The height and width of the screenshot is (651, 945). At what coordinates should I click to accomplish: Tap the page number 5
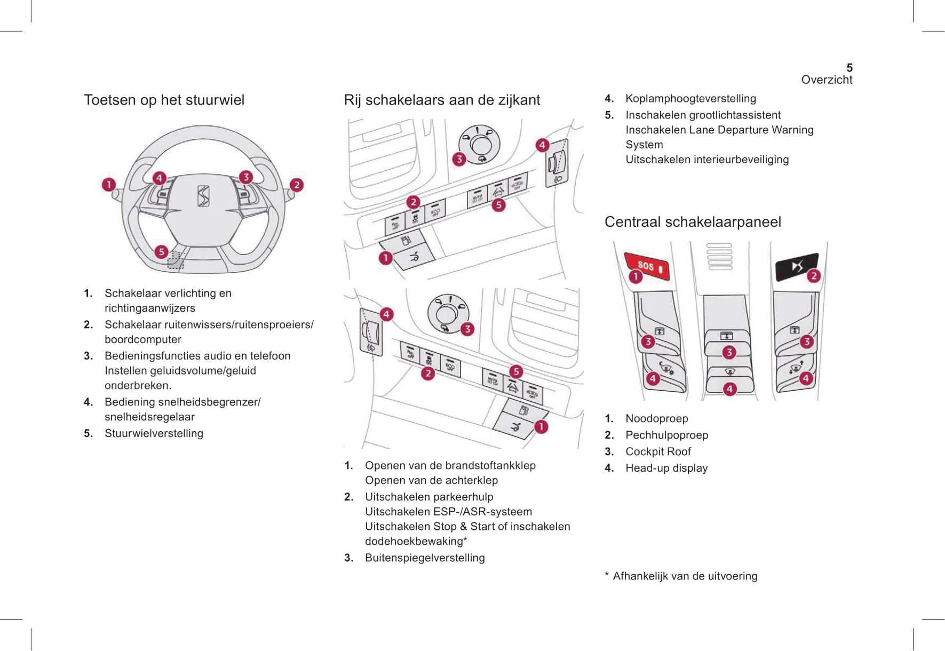[849, 68]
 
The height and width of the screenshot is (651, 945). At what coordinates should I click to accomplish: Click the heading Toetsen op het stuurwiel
[164, 100]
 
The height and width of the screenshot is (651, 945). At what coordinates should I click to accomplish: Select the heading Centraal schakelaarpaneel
[693, 222]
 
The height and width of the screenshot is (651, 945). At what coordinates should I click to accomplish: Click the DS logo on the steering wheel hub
[203, 196]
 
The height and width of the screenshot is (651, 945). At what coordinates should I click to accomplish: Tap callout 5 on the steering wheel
[161, 252]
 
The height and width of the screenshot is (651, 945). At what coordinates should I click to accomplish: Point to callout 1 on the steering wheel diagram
[109, 185]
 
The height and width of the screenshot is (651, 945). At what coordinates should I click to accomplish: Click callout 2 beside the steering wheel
[297, 185]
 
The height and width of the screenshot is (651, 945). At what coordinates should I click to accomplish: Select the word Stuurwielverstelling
[154, 433]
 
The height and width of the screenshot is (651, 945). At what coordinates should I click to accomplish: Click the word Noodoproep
[656, 418]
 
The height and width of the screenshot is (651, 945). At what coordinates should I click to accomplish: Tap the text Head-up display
[666, 468]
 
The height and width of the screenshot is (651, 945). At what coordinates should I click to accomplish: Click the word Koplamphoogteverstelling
[690, 98]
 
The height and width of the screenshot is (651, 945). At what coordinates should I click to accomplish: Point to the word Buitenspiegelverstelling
[425, 558]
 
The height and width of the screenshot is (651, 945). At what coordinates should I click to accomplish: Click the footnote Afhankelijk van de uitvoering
[685, 576]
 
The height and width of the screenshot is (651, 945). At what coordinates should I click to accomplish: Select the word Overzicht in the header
[827, 80]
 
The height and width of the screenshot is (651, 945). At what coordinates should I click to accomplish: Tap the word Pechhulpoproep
[666, 435]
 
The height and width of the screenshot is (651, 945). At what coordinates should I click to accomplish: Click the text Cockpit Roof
[658, 451]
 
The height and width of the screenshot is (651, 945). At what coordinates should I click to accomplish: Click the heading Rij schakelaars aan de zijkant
[442, 100]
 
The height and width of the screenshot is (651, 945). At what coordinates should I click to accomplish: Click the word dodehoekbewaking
[414, 541]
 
